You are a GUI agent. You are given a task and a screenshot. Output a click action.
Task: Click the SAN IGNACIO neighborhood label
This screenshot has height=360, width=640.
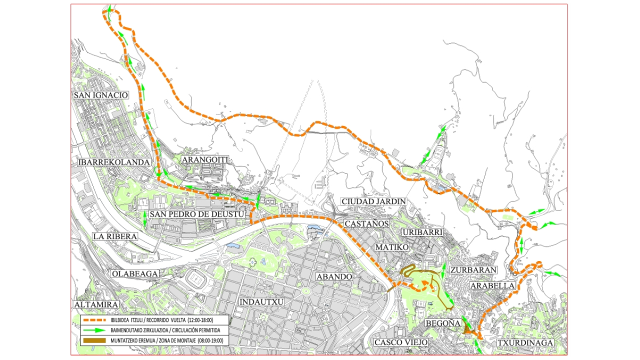(x=100, y=95)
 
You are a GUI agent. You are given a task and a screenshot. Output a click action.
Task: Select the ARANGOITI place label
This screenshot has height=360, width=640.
(x=205, y=159)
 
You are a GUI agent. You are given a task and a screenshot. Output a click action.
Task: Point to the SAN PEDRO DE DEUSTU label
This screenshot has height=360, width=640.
(x=197, y=214)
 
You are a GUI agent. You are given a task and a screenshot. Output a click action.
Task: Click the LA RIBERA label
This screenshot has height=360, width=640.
(x=115, y=236)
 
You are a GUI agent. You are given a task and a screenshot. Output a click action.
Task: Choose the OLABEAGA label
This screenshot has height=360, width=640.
(x=135, y=273)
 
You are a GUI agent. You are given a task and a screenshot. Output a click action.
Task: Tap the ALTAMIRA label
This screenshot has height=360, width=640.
(x=96, y=304)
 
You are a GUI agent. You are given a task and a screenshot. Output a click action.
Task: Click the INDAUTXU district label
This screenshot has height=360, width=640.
(x=261, y=302)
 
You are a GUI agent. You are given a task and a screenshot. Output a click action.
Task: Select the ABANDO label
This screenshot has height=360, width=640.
(x=334, y=276)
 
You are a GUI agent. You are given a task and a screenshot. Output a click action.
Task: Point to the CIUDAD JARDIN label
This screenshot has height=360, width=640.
(x=373, y=201)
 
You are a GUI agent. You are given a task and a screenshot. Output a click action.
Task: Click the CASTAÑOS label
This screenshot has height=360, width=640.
(x=366, y=223)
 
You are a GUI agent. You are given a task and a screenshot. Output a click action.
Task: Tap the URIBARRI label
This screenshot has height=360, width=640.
(x=422, y=232)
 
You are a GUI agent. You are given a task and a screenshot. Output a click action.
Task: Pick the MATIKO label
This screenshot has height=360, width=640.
(x=392, y=247)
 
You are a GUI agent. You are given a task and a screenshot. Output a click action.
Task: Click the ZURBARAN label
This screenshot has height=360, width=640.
(x=473, y=270)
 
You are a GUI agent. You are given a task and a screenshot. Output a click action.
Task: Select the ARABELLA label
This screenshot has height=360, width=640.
(x=492, y=285)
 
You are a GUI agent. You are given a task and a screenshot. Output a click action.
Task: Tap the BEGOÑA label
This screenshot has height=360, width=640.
(x=442, y=323)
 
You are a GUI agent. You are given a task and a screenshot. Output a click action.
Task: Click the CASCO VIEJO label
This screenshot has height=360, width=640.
(x=400, y=342)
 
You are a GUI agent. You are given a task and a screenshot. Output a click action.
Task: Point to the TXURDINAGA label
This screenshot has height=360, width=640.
(x=525, y=342)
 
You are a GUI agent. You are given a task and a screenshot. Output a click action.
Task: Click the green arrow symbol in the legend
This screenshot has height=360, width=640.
(x=95, y=330)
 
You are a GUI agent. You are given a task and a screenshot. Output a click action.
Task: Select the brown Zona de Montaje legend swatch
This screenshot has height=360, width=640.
(x=94, y=340)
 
